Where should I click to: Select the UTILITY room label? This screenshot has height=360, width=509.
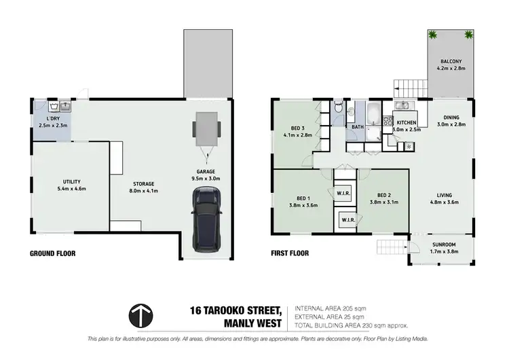click(72, 181)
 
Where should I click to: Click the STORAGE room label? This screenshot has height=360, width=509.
click(143, 183)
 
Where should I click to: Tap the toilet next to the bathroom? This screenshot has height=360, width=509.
click(338, 107)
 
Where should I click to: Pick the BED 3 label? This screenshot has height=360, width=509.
click(297, 128)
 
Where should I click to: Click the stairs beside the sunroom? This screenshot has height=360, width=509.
click(391, 247)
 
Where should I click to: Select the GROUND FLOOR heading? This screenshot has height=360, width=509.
click(52, 253)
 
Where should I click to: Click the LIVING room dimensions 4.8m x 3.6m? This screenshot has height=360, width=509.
click(445, 202)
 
